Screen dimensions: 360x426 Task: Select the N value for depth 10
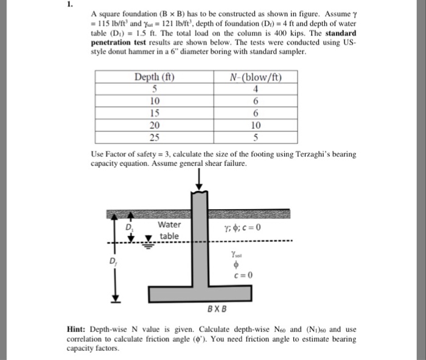256,100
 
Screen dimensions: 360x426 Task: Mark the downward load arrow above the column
197,179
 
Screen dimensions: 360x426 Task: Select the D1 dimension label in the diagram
129,227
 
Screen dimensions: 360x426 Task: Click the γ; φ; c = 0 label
243,227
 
